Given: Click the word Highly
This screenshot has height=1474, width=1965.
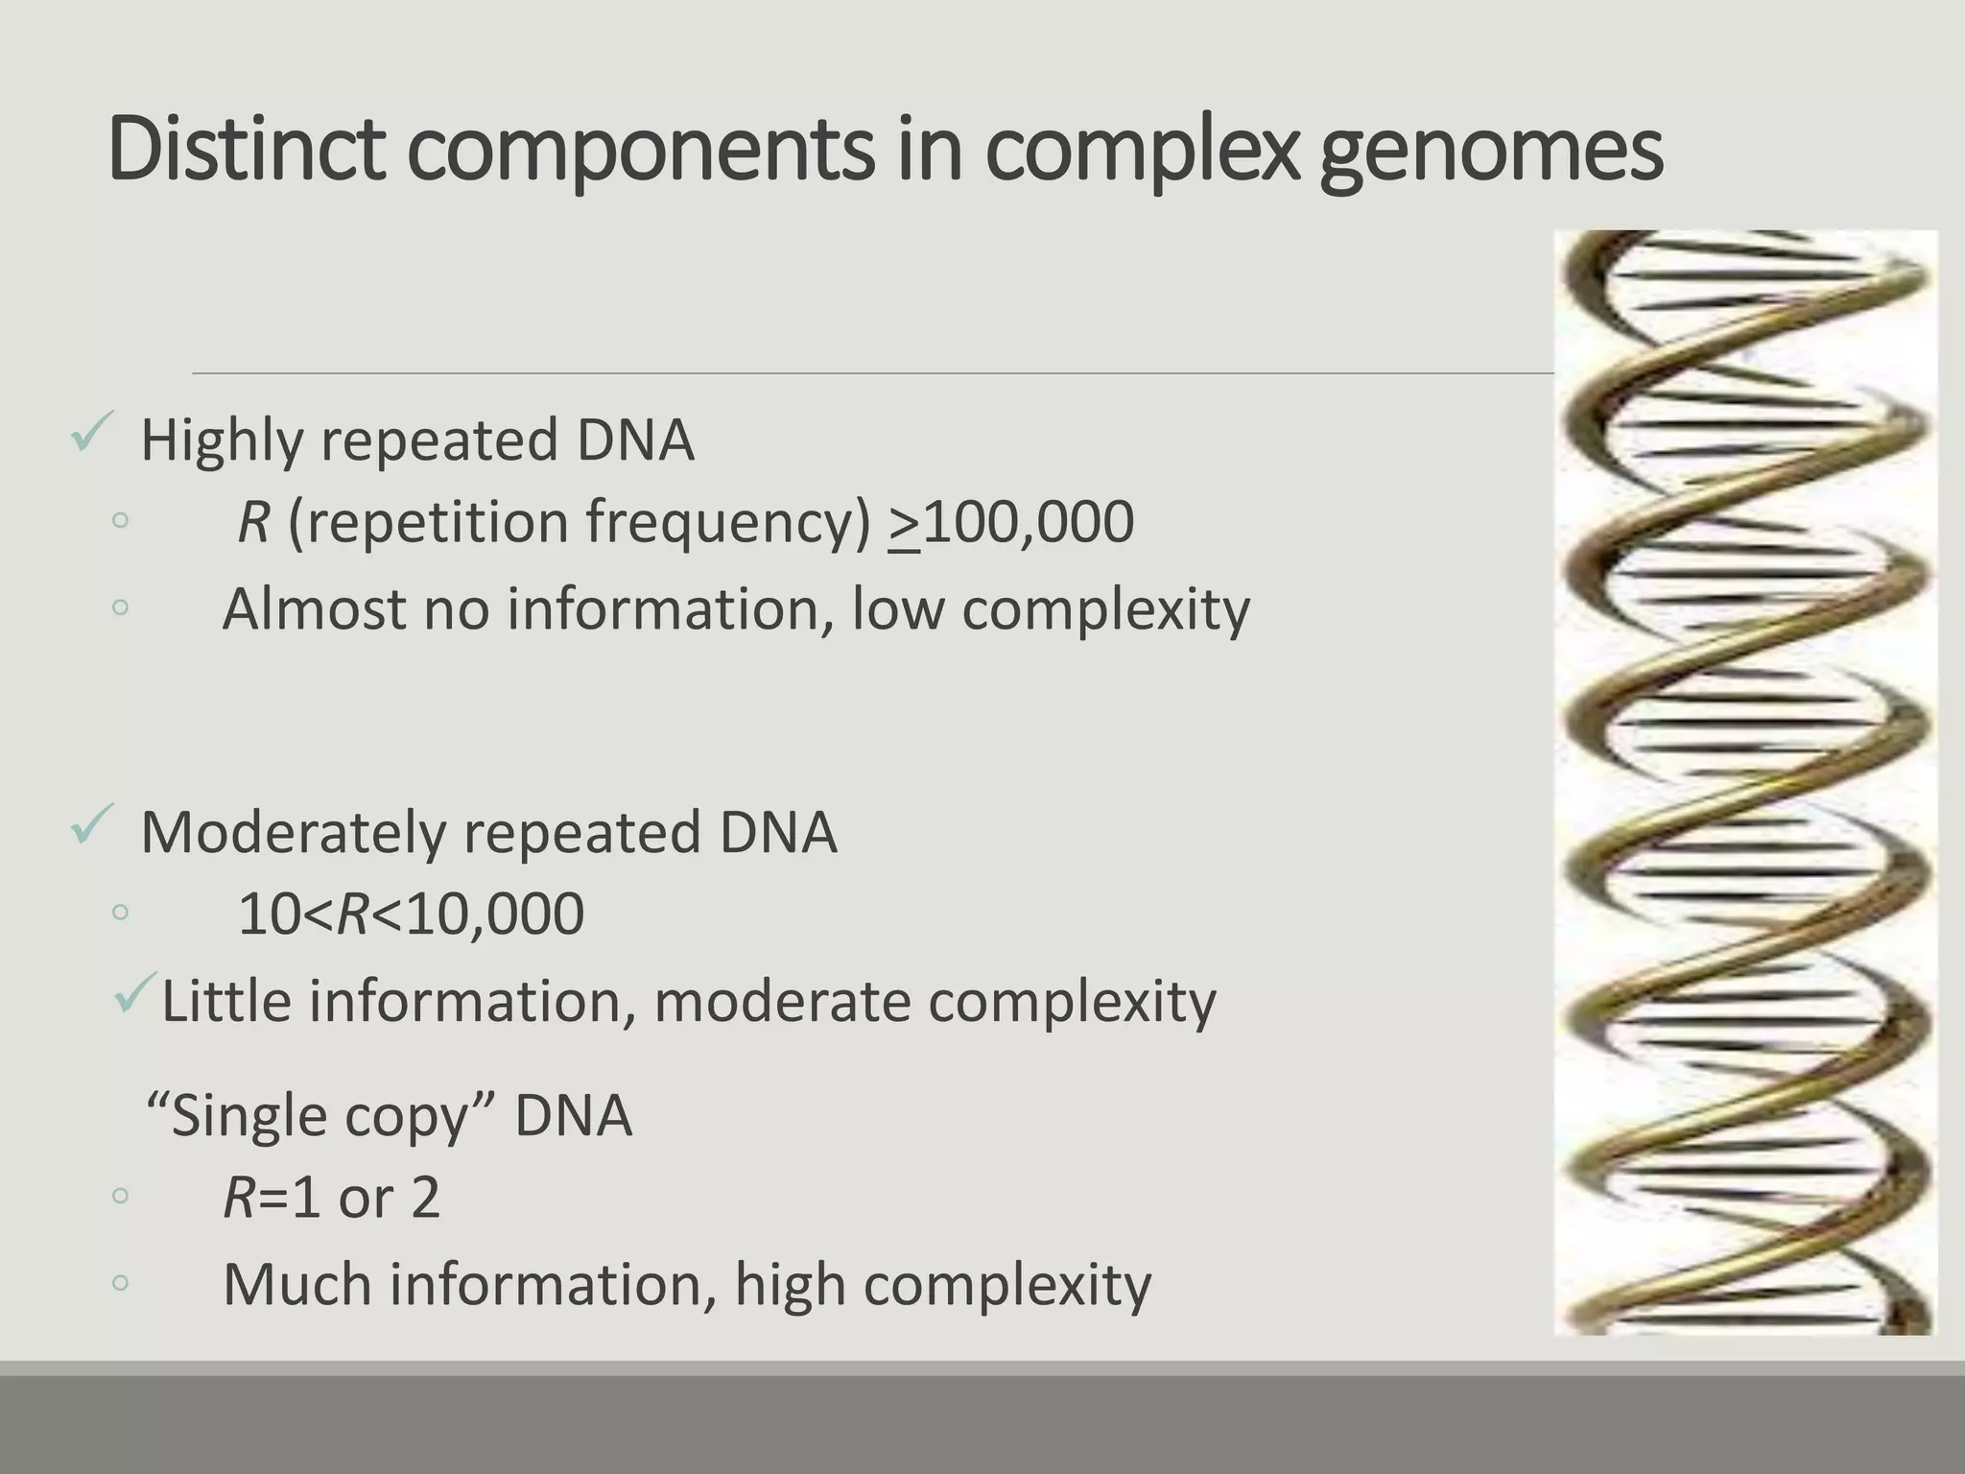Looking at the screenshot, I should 222,441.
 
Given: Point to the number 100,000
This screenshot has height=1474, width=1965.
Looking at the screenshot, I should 1028,522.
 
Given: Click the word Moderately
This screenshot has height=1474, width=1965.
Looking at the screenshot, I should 293,832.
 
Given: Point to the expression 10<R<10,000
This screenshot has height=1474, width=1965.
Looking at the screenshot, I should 411,914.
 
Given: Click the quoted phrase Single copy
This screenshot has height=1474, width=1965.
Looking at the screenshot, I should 322,1117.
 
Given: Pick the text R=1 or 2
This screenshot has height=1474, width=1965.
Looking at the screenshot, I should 331,1199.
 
